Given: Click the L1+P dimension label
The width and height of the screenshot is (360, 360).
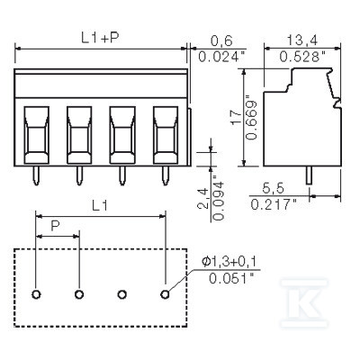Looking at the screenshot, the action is pyautogui.click(x=100, y=37).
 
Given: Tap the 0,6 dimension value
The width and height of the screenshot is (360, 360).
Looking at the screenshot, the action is pyautogui.click(x=221, y=40).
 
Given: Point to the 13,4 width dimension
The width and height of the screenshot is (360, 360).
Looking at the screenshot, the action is pyautogui.click(x=302, y=40).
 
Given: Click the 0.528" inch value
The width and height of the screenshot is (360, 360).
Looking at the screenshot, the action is pyautogui.click(x=302, y=56).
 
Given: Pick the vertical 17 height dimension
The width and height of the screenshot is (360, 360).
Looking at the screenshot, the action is pyautogui.click(x=236, y=117).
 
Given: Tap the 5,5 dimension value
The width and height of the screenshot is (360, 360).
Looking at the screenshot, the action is pyautogui.click(x=273, y=188).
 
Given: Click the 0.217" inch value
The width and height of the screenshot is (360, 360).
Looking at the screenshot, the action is pyautogui.click(x=274, y=204).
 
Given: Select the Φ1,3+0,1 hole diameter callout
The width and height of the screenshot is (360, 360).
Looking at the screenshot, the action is pyautogui.click(x=229, y=262).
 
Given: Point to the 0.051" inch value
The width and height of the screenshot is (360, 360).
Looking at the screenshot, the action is pyautogui.click(x=231, y=279).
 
